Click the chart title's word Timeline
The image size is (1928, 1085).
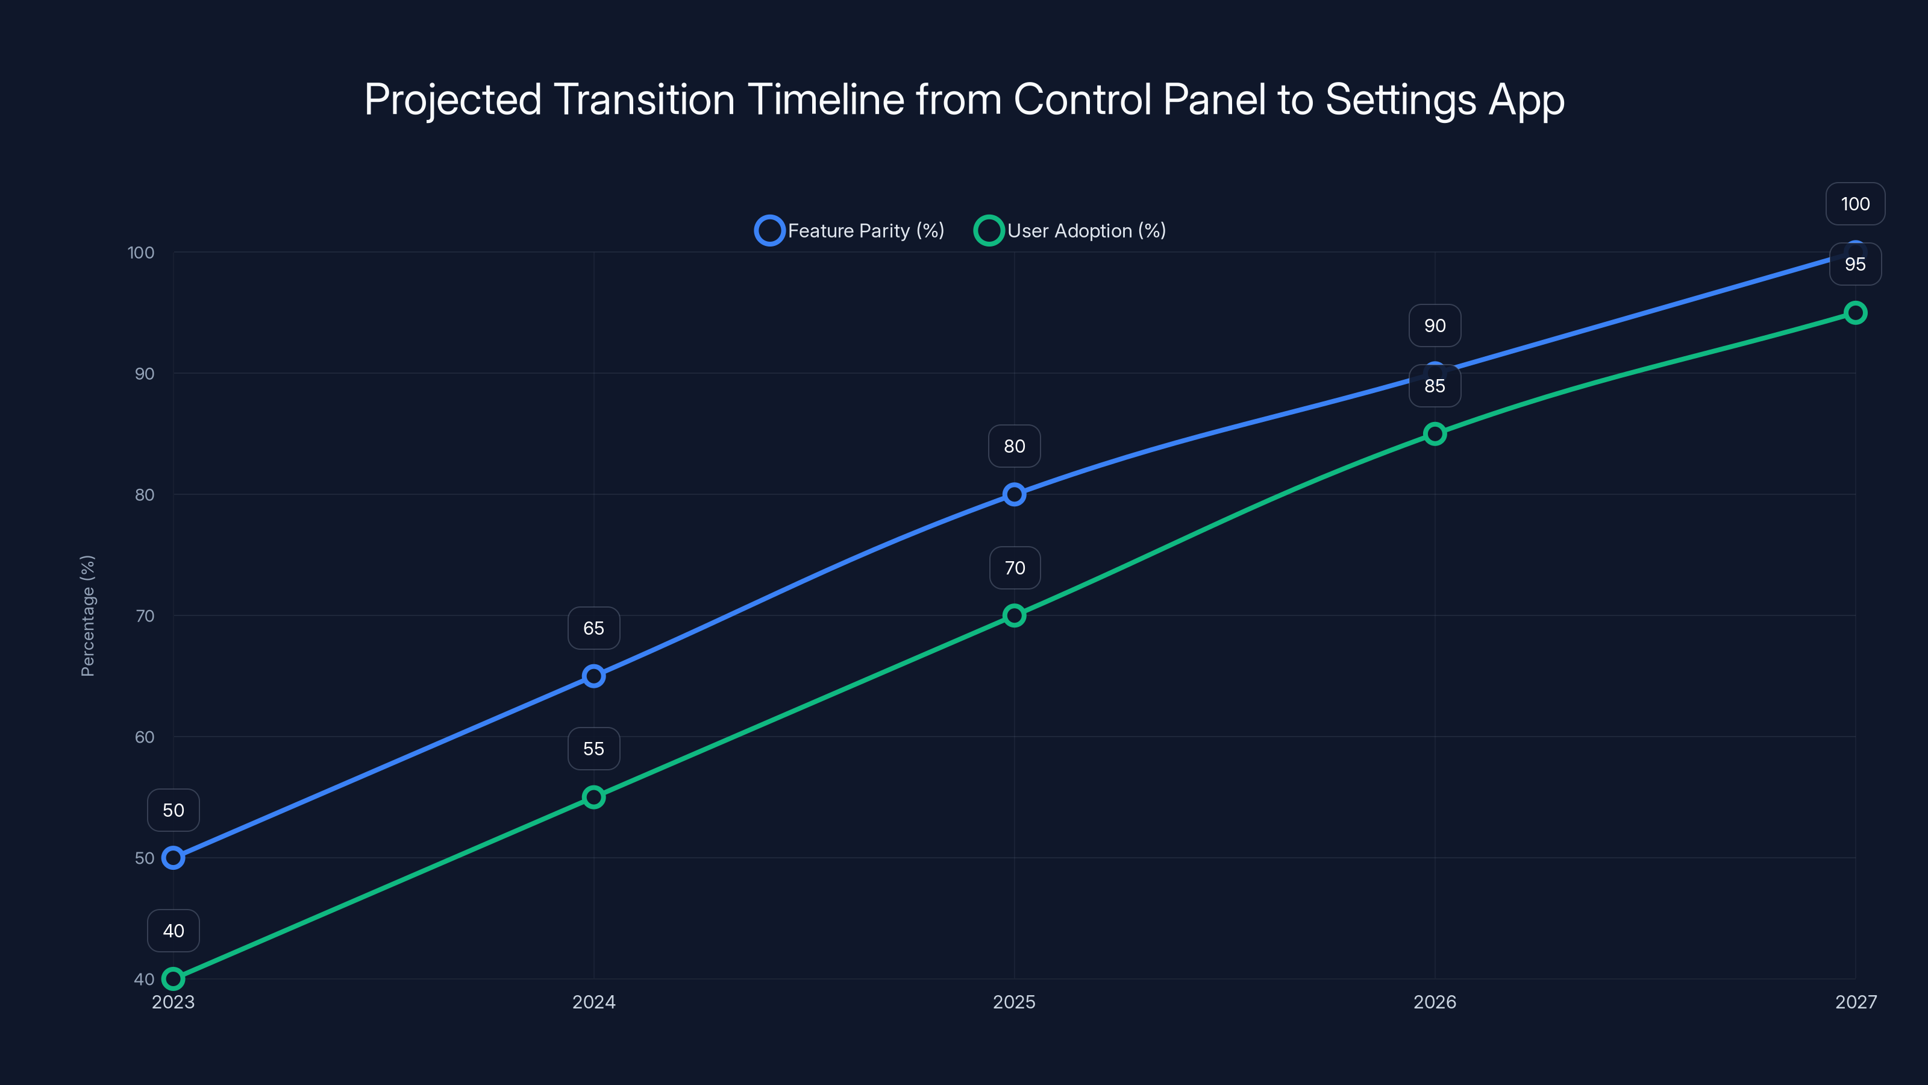pyautogui.click(x=825, y=99)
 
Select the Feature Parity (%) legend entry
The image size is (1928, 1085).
pyautogui.click(x=850, y=231)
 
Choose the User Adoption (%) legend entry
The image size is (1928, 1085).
pyautogui.click(x=1070, y=231)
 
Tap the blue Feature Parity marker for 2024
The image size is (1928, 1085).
pyautogui.click(x=593, y=676)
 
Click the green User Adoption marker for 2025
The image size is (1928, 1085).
pyautogui.click(x=1014, y=615)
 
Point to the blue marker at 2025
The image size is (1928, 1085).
pyautogui.click(x=1014, y=494)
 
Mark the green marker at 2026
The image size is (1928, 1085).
pyautogui.click(x=1435, y=433)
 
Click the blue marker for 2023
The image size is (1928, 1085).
pyautogui.click(x=174, y=857)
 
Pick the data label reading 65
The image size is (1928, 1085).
pyautogui.click(x=593, y=628)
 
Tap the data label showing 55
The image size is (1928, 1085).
pyautogui.click(x=593, y=749)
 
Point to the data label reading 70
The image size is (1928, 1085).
pyautogui.click(x=1014, y=568)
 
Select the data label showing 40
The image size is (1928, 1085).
pyautogui.click(x=174, y=931)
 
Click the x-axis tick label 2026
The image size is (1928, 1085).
pyautogui.click(x=1435, y=1002)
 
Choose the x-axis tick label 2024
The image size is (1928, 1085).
pyautogui.click(x=593, y=1002)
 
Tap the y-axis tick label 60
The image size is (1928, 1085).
pyautogui.click(x=145, y=737)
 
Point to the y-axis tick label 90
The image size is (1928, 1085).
pyautogui.click(x=145, y=374)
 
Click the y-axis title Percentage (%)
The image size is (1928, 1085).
pyautogui.click(x=87, y=615)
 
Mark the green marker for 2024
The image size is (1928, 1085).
pyautogui.click(x=593, y=797)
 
